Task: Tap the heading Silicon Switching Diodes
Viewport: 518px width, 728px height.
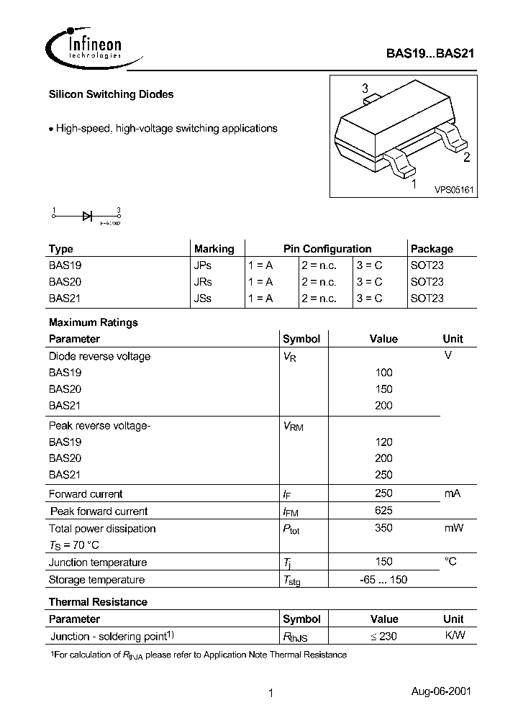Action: pos(111,94)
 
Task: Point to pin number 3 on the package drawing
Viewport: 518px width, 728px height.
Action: pos(365,89)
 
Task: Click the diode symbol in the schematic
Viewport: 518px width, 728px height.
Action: pos(87,215)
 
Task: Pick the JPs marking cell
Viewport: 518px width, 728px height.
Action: pos(203,265)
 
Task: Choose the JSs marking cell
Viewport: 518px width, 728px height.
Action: pos(203,299)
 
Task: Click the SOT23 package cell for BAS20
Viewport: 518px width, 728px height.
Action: pos(427,282)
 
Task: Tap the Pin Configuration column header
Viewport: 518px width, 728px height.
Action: pos(327,249)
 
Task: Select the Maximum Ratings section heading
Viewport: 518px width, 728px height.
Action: pos(93,322)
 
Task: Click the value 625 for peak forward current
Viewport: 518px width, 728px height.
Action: pos(383,511)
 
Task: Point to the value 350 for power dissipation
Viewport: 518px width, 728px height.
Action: pos(383,528)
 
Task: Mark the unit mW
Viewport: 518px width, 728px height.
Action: pos(453,528)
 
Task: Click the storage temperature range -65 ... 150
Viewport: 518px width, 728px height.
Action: pos(383,580)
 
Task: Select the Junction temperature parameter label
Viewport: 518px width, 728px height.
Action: pos(98,563)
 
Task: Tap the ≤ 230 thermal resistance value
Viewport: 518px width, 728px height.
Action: pos(383,636)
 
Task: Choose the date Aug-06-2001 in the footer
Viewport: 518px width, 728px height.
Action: pos(441,691)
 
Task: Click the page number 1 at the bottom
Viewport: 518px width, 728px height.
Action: pos(271,693)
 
